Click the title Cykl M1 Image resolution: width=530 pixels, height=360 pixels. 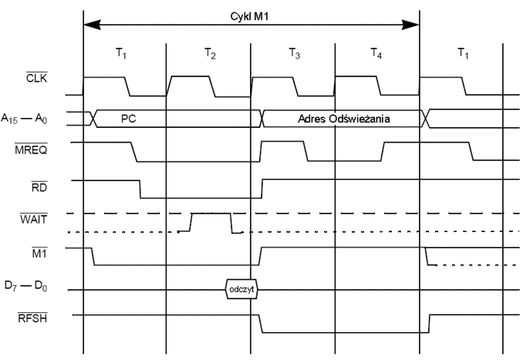(251, 15)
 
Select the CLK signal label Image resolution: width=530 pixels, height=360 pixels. (36, 77)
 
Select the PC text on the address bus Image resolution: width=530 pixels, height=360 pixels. (129, 119)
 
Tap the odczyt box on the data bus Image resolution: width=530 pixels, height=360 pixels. (241, 290)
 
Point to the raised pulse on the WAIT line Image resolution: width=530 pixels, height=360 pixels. (211, 217)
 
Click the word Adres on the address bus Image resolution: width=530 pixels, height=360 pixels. (313, 119)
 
